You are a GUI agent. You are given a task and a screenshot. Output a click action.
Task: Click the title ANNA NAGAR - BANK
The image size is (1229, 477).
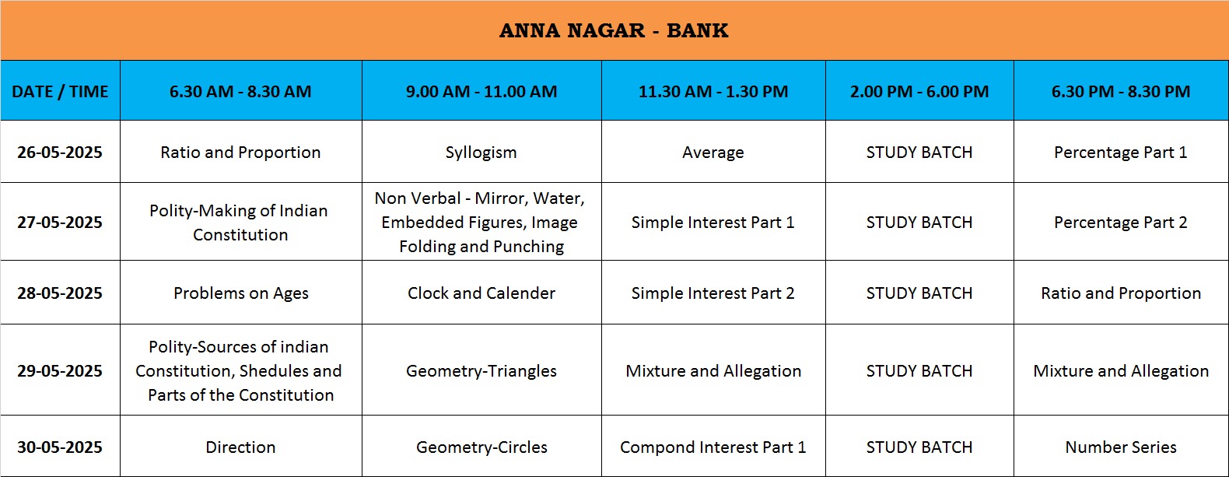pyautogui.click(x=614, y=30)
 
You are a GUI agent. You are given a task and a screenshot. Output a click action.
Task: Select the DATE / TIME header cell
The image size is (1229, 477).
pyautogui.click(x=60, y=91)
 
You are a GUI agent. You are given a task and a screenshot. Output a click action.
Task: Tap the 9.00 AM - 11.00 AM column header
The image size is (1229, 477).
pyautogui.click(x=481, y=91)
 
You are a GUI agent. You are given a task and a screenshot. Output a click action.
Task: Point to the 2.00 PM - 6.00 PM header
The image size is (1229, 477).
pyautogui.click(x=919, y=91)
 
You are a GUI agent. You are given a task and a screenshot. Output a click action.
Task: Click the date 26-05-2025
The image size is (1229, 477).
pyautogui.click(x=60, y=152)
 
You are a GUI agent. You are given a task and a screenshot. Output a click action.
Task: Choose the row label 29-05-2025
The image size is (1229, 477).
pyautogui.click(x=60, y=371)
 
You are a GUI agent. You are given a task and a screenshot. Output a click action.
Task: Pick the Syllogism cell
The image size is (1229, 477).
pyautogui.click(x=481, y=153)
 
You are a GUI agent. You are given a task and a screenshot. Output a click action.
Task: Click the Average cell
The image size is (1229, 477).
pyautogui.click(x=713, y=153)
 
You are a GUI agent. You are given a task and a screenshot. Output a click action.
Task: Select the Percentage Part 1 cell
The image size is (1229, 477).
pyautogui.click(x=1120, y=153)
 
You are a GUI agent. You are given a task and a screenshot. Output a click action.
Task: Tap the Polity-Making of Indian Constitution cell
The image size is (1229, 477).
pyautogui.click(x=240, y=223)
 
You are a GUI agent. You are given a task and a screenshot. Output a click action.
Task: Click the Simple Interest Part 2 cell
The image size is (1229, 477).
pyautogui.click(x=713, y=293)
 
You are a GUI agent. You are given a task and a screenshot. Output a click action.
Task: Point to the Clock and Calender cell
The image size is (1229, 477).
pyautogui.click(x=481, y=293)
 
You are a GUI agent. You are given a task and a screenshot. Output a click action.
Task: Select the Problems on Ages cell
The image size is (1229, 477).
pyautogui.click(x=241, y=293)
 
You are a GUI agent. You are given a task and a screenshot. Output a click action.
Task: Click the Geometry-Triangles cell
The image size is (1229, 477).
pyautogui.click(x=481, y=371)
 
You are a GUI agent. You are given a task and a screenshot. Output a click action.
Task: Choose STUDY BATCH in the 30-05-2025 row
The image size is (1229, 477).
pyautogui.click(x=919, y=447)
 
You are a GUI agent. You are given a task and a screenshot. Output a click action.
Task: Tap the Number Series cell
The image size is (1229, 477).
pyautogui.click(x=1121, y=447)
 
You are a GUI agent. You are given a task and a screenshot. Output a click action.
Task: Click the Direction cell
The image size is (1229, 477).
pyautogui.click(x=240, y=447)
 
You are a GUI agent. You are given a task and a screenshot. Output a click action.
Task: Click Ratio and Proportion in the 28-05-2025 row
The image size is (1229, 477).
pyautogui.click(x=1121, y=293)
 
